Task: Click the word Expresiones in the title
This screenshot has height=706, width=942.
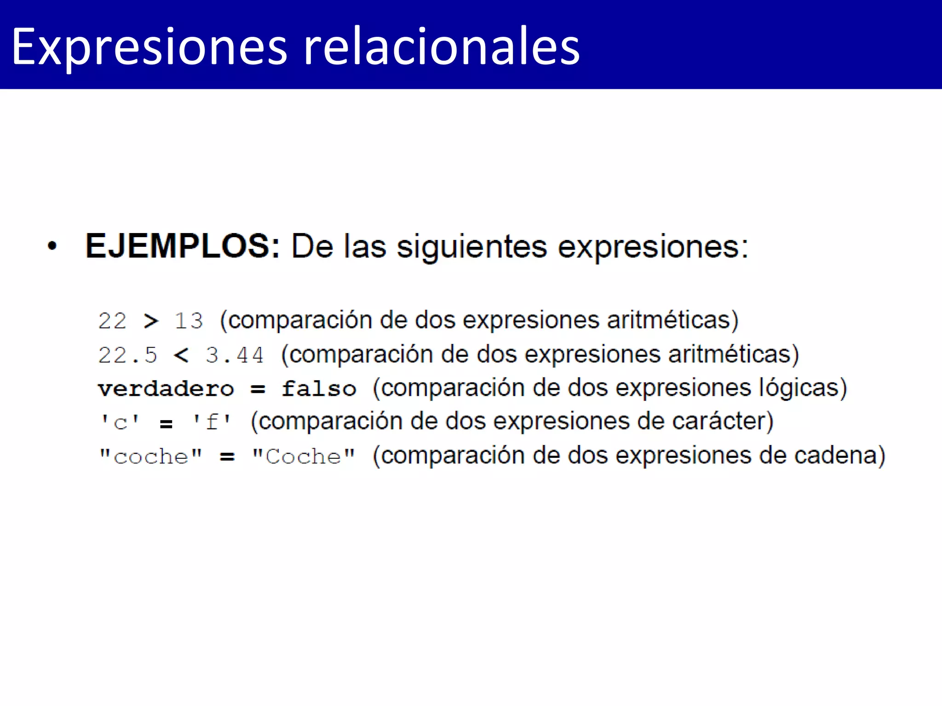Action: [x=149, y=47]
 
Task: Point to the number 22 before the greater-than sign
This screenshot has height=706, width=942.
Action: [x=112, y=320]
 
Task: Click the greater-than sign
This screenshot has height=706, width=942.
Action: [x=151, y=321]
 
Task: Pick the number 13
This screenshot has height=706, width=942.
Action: [x=189, y=320]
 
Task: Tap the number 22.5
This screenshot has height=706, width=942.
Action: [x=127, y=355]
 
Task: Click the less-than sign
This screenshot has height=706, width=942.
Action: [x=181, y=355]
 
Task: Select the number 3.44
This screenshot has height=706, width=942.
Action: [x=235, y=355]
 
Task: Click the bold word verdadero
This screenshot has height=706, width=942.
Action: [x=166, y=389]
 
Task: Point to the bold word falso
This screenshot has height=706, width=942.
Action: [x=319, y=389]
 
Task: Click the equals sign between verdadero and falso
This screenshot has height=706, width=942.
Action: [x=258, y=389]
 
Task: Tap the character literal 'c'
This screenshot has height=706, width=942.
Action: [x=120, y=422]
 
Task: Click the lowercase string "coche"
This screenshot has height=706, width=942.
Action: [x=151, y=456]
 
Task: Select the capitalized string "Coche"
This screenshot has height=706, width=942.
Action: [x=304, y=456]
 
